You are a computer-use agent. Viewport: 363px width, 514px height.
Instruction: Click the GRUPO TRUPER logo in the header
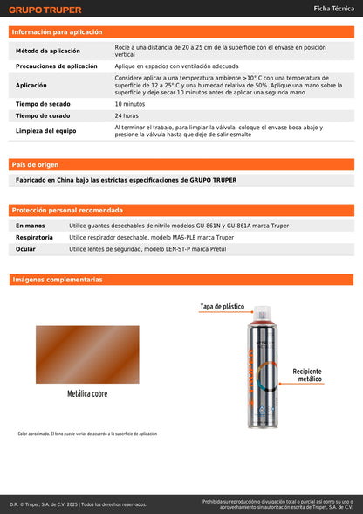[45, 10]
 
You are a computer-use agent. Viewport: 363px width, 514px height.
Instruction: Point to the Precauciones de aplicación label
[57, 66]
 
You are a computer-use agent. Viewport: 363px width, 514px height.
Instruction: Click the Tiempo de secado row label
[44, 104]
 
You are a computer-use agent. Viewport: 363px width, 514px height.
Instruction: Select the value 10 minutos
[130, 104]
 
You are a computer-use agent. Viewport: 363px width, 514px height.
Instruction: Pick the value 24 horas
[127, 115]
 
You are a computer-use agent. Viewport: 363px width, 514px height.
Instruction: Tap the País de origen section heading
[36, 164]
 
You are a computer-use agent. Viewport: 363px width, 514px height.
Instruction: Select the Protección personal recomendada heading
[67, 211]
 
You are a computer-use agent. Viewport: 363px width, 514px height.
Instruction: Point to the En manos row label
[31, 226]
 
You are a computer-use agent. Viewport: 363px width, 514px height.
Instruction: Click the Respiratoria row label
[34, 237]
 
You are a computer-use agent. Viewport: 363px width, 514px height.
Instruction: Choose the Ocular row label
[26, 249]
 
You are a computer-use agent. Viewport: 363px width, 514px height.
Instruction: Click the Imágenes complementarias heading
[58, 280]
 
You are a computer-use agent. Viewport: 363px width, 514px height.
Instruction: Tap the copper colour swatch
[87, 353]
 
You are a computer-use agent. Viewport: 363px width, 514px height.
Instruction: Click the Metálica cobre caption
[87, 394]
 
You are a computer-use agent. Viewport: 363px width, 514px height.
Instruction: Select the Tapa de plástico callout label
[223, 307]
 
